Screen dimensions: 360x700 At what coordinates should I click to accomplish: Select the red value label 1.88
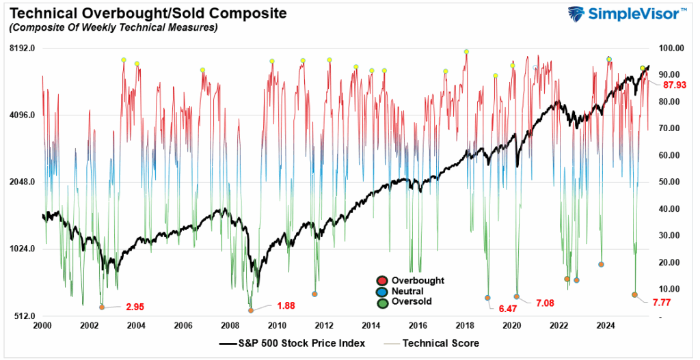tap(286, 305)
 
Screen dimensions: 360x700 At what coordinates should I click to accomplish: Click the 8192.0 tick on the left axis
tap(21, 48)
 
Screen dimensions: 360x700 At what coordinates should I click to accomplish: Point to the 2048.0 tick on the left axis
tap(21, 182)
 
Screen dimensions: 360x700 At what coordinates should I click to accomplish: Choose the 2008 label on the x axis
tap(230, 326)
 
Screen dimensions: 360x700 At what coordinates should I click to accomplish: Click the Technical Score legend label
tap(441, 344)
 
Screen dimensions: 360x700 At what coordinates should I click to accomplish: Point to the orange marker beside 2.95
tap(102, 307)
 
